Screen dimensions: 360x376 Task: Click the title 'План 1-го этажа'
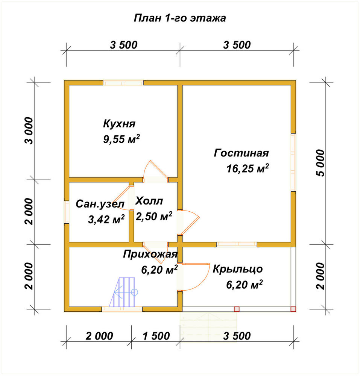[x=180, y=18]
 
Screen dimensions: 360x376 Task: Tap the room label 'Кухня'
[x=119, y=124]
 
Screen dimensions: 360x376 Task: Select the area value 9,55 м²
[x=122, y=139]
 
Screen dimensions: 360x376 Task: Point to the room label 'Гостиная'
[x=241, y=153]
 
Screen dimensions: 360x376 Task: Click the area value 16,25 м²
[x=248, y=168]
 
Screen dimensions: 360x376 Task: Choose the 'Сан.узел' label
[x=100, y=204]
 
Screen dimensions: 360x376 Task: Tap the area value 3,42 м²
[x=106, y=219]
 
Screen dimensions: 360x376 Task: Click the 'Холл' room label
[x=149, y=201]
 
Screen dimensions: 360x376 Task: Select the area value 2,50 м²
[x=154, y=216]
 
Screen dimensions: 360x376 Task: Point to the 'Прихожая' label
[x=150, y=254]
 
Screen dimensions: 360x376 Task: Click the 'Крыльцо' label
[x=238, y=269]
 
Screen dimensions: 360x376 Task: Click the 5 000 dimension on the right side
[x=320, y=163]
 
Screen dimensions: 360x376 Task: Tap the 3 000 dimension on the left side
[x=29, y=130]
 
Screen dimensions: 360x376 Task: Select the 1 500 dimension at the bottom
[x=156, y=336]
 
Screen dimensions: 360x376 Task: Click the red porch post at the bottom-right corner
[x=293, y=309]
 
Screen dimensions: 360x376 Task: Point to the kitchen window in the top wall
[x=123, y=83]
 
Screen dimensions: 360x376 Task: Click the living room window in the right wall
[x=293, y=162]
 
